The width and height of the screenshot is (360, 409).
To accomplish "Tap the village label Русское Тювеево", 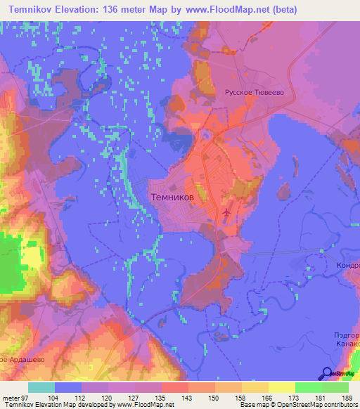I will (x=253, y=91).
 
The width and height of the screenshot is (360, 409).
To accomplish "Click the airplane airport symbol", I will (x=226, y=212).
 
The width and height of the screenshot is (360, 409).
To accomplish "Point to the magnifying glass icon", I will (x=326, y=374).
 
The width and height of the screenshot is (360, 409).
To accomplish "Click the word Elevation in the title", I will (x=84, y=10).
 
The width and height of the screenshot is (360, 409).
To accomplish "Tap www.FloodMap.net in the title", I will (x=227, y=10).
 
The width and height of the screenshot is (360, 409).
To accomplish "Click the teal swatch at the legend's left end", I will (x=41, y=387).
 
